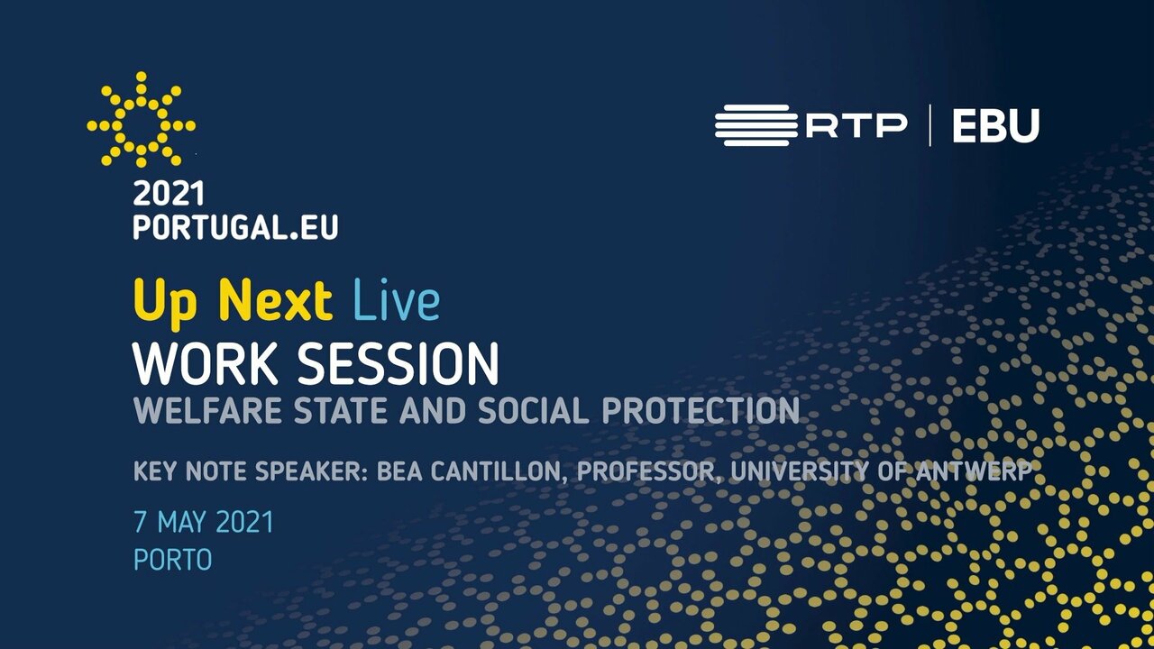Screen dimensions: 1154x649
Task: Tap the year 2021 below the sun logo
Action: tap(169, 194)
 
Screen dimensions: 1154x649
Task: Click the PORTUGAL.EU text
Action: tap(235, 227)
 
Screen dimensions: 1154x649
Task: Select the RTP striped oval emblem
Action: tap(756, 125)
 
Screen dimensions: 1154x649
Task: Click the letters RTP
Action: tap(856, 125)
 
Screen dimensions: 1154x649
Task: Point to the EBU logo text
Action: tap(996, 125)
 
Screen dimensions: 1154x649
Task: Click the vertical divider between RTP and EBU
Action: tap(930, 125)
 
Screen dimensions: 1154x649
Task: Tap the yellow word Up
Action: tap(165, 304)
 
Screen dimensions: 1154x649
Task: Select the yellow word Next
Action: tap(276, 301)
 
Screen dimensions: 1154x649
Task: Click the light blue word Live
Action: tap(397, 300)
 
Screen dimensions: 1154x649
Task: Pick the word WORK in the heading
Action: tap(205, 363)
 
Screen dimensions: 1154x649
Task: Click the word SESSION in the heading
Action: tap(398, 363)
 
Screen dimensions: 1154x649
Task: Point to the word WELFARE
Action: tap(207, 410)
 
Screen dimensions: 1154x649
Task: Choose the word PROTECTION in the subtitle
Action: tap(701, 410)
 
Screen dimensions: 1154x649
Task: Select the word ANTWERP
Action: tap(973, 471)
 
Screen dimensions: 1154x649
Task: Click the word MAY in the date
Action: tap(182, 522)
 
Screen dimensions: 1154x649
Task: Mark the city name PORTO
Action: tap(172, 560)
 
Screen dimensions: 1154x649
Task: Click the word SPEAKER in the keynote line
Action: tap(312, 471)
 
